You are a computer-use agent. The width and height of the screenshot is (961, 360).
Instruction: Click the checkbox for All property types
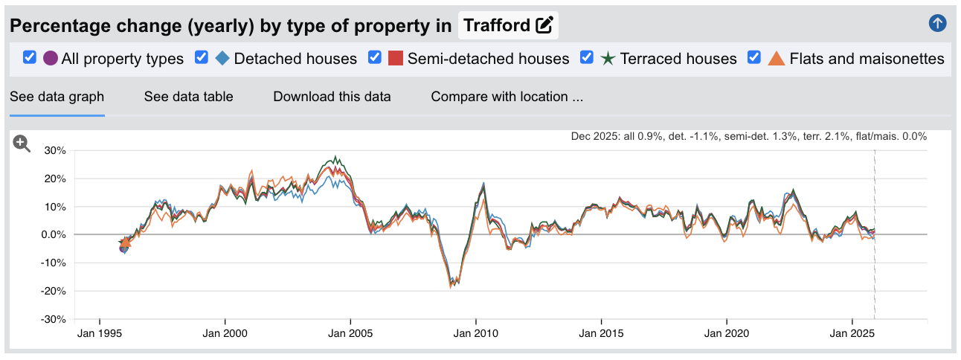pyautogui.click(x=30, y=57)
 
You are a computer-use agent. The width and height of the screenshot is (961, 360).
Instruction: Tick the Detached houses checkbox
pyautogui.click(x=201, y=57)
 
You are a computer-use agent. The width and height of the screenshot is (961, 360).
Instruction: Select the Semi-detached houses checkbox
pyautogui.click(x=375, y=57)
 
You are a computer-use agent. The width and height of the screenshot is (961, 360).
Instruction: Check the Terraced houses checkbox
pyautogui.click(x=586, y=57)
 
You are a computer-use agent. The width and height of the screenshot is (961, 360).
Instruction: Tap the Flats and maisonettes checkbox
pyautogui.click(x=754, y=57)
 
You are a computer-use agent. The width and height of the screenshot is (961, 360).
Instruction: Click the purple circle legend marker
pyautogui.click(x=51, y=58)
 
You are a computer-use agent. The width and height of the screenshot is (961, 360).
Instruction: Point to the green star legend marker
pyautogui.click(x=608, y=58)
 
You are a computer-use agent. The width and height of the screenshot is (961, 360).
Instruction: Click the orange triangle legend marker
pyautogui.click(x=776, y=58)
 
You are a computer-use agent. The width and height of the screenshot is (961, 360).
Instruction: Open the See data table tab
pyautogui.click(x=188, y=97)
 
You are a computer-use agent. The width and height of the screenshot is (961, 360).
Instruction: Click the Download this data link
pyautogui.click(x=332, y=97)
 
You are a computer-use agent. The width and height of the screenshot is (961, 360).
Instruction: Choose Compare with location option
pyautogui.click(x=507, y=97)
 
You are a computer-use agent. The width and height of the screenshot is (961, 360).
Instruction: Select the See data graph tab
pyautogui.click(x=57, y=97)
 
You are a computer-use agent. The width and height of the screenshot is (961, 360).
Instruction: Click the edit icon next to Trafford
pyautogui.click(x=544, y=25)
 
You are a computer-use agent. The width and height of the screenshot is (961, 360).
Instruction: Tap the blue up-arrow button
pyautogui.click(x=938, y=23)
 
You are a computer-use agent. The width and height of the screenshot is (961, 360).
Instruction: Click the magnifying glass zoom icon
pyautogui.click(x=22, y=144)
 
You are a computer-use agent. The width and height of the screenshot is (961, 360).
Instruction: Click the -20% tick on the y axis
pyautogui.click(x=54, y=291)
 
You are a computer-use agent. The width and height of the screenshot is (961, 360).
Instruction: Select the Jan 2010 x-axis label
pyautogui.click(x=475, y=334)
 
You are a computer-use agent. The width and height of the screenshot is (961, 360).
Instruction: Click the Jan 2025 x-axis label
pyautogui.click(x=852, y=334)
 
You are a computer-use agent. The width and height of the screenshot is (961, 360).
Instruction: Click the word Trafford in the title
pyautogui.click(x=496, y=25)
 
